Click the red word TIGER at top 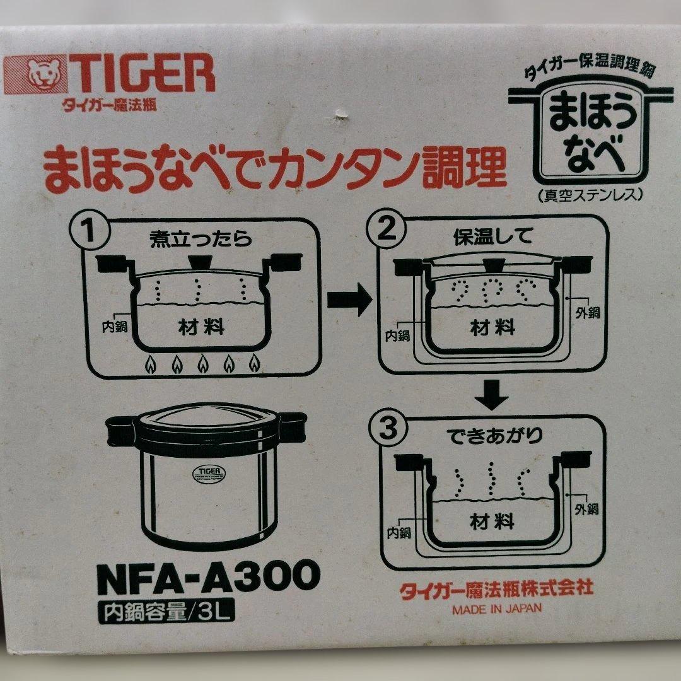click(140, 74)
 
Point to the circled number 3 click(388, 432)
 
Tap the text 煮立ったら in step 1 click(201, 240)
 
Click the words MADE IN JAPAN click(496, 609)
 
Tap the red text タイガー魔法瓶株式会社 click(496, 589)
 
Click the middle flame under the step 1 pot click(202, 363)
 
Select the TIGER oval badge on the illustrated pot click(202, 473)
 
